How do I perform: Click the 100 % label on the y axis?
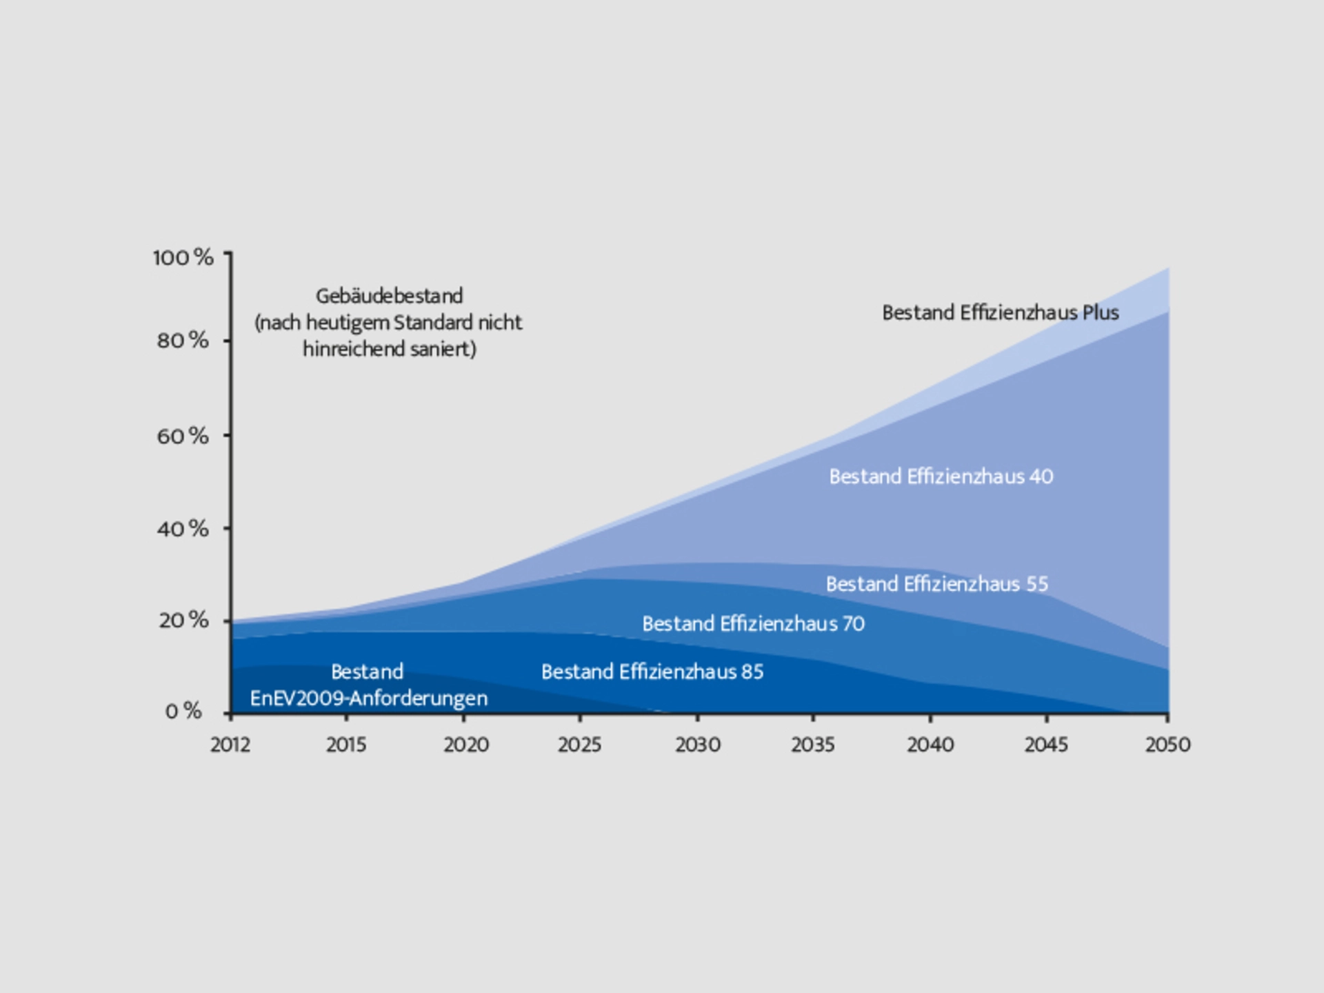183,258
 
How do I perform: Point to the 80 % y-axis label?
183,340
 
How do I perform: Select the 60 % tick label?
183,436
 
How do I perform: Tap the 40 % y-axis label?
183,529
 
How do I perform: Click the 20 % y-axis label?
183,620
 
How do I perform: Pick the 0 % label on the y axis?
183,711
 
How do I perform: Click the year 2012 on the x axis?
230,745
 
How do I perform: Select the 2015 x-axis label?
346,745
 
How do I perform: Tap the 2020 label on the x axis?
466,745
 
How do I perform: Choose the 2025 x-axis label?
580,745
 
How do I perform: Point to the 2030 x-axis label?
698,745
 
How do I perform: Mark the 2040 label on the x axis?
930,745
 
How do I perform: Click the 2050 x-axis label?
1167,745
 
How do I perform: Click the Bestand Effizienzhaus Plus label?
1001,313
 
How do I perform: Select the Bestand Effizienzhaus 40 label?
941,477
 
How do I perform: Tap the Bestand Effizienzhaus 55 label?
937,584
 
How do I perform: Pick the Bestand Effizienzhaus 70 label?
753,624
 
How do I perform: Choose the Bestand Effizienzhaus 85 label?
652,672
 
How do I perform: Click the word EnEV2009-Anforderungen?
369,699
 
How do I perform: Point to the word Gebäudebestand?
389,297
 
